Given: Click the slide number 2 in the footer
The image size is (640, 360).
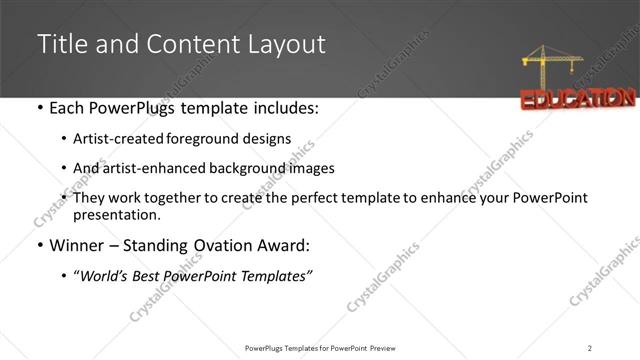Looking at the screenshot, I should click(x=590, y=348).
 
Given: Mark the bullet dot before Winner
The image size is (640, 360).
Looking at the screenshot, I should click(x=39, y=246).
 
